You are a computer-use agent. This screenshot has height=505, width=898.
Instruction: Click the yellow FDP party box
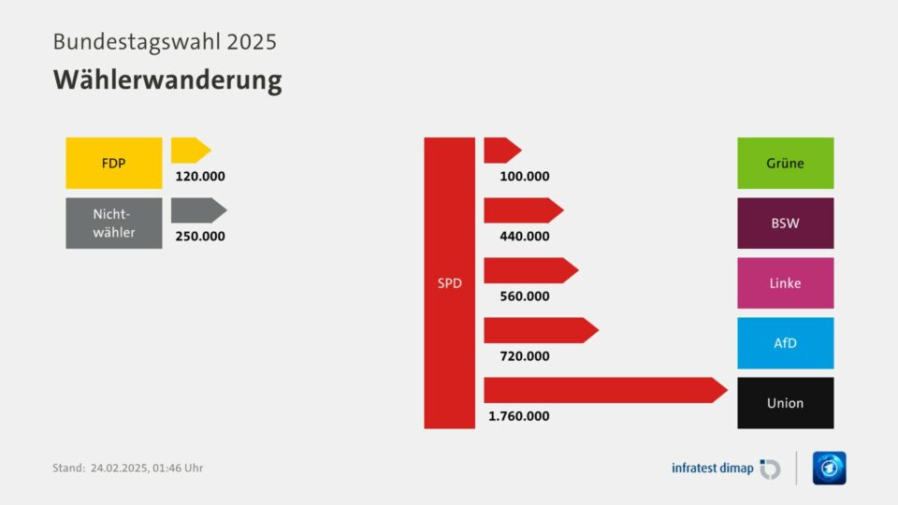pyautogui.click(x=113, y=163)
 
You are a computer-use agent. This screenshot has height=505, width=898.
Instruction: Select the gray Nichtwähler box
pyautogui.click(x=113, y=223)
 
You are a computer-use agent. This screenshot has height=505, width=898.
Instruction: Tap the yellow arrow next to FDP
pyautogui.click(x=190, y=150)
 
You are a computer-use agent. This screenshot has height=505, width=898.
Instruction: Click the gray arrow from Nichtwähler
pyautogui.click(x=197, y=209)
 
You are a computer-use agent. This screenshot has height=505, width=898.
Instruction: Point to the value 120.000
pyautogui.click(x=200, y=176)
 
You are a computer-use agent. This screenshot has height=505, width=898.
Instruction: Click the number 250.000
pyautogui.click(x=200, y=236)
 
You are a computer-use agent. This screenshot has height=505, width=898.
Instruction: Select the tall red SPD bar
pyautogui.click(x=449, y=282)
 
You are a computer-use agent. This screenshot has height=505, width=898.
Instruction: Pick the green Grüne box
pyautogui.click(x=785, y=163)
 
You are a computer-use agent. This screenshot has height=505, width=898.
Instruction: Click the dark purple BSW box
pyautogui.click(x=785, y=223)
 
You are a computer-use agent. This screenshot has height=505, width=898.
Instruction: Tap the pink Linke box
pyautogui.click(x=785, y=282)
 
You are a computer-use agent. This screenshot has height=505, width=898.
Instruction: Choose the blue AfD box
pyautogui.click(x=785, y=342)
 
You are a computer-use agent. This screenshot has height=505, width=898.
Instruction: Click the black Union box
pyautogui.click(x=785, y=403)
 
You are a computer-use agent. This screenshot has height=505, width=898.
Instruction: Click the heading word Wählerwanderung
pyautogui.click(x=167, y=80)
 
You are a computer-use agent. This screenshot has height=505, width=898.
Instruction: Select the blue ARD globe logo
pyautogui.click(x=829, y=468)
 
